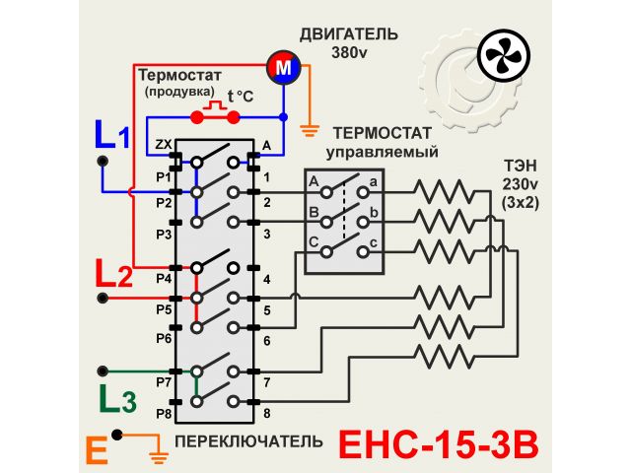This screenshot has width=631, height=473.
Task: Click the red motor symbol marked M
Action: pos(283,68)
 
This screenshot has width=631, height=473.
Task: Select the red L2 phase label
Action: pos(113,273)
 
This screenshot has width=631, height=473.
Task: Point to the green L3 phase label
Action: pos(113,399)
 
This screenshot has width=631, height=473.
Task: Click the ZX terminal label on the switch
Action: pos(164,146)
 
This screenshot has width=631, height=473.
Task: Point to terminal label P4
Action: pos(164,279)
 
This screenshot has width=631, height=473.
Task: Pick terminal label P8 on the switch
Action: pos(164,415)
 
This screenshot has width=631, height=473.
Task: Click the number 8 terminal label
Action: pos(266,414)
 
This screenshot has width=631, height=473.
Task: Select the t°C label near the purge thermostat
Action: pos(240,96)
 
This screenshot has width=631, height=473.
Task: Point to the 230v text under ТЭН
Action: pos(517,183)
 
